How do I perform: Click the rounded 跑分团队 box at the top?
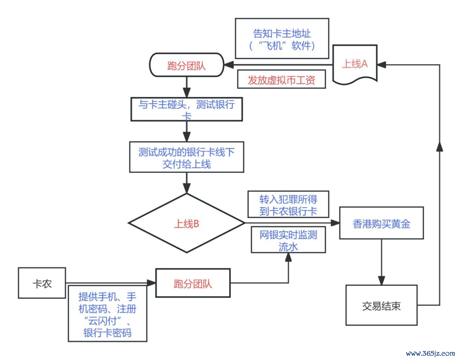[187, 65]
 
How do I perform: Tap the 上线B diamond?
[187, 223]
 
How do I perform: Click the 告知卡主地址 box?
[282, 39]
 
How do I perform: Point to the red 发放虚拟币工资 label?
[282, 80]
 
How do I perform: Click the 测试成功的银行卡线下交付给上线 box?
[187, 157]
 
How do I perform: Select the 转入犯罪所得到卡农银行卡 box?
[288, 204]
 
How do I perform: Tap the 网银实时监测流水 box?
[288, 240]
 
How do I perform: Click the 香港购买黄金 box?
[381, 223]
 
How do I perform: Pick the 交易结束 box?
[381, 305]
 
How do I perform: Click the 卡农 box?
[42, 283]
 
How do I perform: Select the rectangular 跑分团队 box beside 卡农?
[193, 283]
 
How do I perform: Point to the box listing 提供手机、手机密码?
[107, 314]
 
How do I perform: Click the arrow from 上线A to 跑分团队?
[278, 65]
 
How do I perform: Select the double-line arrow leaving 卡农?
[110, 283]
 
